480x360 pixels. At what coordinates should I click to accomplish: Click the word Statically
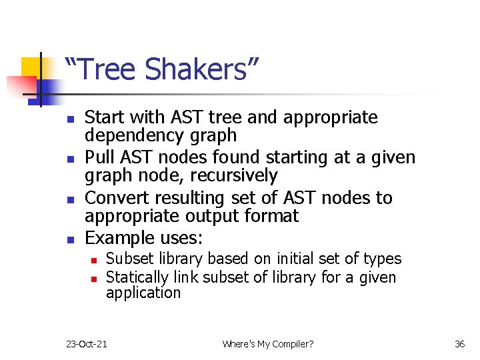pos(136,277)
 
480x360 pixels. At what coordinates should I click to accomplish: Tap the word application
pos(143,293)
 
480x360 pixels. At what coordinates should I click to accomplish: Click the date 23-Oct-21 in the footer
pos(87,344)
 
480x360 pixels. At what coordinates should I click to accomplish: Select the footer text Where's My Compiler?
pos(268,344)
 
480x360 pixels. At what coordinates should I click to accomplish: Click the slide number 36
pos(459,344)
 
